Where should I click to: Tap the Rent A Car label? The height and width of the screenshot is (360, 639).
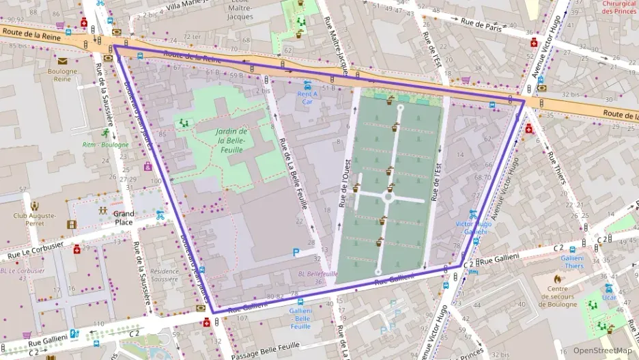tap(307, 97)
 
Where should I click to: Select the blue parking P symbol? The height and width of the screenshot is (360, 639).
tap(296, 252)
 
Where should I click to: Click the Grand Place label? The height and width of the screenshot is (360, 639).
tap(124, 218)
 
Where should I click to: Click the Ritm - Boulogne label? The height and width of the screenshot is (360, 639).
tap(105, 145)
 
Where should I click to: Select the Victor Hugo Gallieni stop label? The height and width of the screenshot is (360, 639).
tap(473, 227)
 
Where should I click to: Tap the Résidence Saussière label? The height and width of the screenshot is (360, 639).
tap(164, 275)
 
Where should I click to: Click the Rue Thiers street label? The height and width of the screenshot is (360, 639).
tap(556, 167)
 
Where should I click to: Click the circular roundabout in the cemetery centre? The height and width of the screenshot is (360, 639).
tap(388, 198)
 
